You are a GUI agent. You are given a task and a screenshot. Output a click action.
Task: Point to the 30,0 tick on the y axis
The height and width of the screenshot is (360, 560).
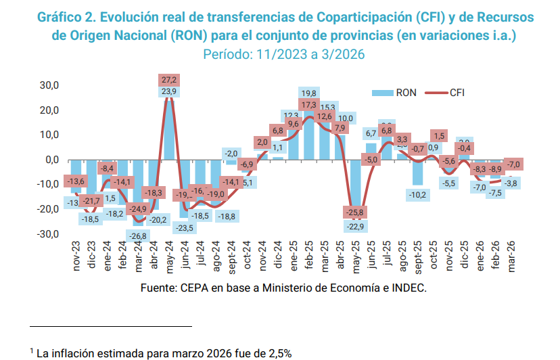coord(50,85)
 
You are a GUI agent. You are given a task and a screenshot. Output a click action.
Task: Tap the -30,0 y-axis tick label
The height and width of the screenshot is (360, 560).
coord(49,234)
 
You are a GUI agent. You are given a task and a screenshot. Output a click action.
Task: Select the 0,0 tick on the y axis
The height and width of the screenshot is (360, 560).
coord(52,160)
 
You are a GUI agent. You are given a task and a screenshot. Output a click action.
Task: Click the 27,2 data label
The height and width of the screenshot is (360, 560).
coord(169,80)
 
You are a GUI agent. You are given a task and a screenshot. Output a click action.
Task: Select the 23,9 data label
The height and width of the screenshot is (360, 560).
coord(169,91)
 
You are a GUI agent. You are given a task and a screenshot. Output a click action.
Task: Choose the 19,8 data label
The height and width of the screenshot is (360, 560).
coord(309,93)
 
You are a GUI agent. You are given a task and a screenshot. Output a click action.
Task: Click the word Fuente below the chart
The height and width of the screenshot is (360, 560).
coord(158,288)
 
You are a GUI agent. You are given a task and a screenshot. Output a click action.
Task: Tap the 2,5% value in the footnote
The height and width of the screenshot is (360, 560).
coord(279,352)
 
